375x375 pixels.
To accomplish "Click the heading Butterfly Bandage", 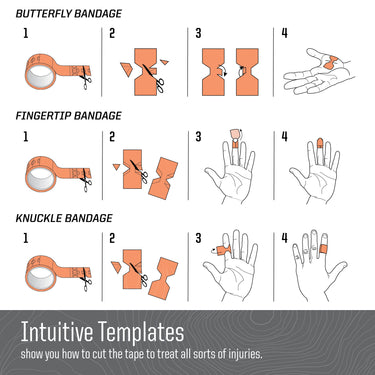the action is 69,14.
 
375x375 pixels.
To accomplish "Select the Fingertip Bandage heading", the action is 69,116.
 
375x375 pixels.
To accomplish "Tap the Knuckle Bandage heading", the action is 64,218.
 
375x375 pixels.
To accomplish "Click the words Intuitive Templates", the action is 102,332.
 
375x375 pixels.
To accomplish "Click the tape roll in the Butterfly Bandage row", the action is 41,72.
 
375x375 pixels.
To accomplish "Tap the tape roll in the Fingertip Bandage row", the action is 41,174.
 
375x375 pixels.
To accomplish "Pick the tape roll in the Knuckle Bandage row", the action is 41,274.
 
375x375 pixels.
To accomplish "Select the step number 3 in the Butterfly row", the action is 198,33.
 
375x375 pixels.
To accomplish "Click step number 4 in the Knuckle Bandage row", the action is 284,238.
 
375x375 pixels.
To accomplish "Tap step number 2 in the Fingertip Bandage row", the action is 112,137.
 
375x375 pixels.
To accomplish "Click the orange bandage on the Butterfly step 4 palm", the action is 330,63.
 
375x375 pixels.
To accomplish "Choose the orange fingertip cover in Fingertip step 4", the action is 320,143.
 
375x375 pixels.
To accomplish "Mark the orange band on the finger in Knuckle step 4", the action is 324,249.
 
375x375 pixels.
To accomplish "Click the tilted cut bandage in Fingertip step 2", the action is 163,178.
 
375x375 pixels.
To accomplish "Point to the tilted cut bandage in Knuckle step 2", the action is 163,278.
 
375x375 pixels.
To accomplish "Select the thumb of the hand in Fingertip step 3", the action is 213,174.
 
